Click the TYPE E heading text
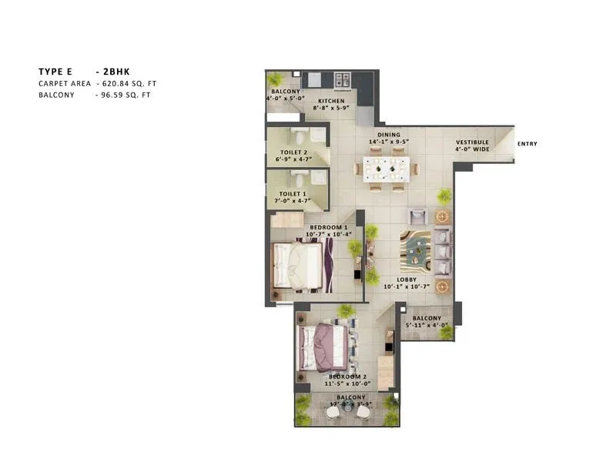coord(55,71)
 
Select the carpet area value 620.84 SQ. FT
coord(132,83)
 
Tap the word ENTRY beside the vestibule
coord(527,144)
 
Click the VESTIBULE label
coord(471,142)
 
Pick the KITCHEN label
coord(332,101)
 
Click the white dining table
coord(385,168)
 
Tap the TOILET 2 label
coord(293,152)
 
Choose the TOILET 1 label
coord(293,194)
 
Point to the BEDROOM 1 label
coord(331,228)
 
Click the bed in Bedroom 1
coord(299,263)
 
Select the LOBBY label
coord(407,280)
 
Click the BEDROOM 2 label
coord(340,376)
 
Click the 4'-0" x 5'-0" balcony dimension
coord(285,99)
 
